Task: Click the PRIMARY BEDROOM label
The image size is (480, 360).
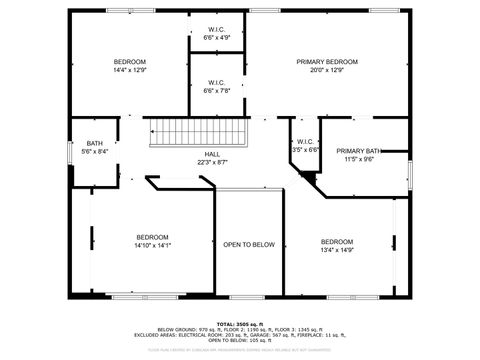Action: pyautogui.click(x=327, y=62)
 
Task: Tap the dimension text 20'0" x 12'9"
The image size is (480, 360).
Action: pyautogui.click(x=327, y=71)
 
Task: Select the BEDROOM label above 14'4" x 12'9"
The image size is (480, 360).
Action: pyautogui.click(x=130, y=62)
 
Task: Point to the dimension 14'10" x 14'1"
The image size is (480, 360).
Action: pyautogui.click(x=152, y=245)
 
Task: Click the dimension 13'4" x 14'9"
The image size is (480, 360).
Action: pyautogui.click(x=337, y=250)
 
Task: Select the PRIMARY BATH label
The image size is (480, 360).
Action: pyautogui.click(x=358, y=150)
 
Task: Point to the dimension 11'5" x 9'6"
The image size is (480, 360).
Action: pyautogui.click(x=358, y=159)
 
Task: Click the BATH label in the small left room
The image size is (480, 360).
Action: pyautogui.click(x=94, y=142)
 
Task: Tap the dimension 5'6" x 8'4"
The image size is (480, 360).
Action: pyautogui.click(x=94, y=151)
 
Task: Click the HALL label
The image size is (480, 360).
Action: pyautogui.click(x=212, y=153)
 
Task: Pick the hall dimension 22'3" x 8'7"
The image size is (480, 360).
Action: pyautogui.click(x=212, y=162)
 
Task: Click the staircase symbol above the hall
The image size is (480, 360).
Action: pyautogui.click(x=196, y=132)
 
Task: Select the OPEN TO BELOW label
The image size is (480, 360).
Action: pyautogui.click(x=249, y=245)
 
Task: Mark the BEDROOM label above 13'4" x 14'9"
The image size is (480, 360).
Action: pyautogui.click(x=337, y=241)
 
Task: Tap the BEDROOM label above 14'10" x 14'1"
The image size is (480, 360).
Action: pyautogui.click(x=152, y=236)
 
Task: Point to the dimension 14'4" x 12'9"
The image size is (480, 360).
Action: pyautogui.click(x=130, y=71)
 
